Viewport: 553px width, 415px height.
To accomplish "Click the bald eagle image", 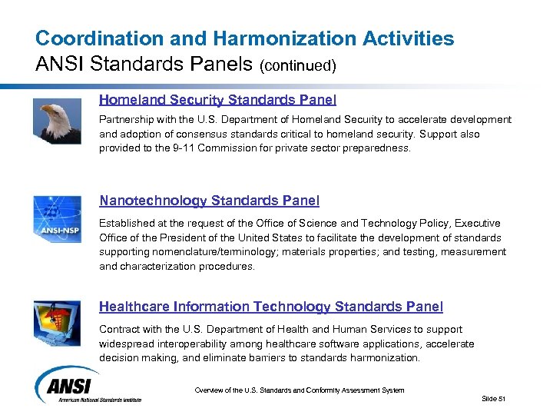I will (x=58, y=121).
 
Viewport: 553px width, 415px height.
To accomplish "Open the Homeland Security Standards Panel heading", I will (x=217, y=100).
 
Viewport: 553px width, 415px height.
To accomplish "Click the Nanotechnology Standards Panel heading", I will (x=209, y=201).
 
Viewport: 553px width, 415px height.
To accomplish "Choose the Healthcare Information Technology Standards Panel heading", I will (x=270, y=307).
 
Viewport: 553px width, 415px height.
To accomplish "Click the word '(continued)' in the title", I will (x=299, y=65).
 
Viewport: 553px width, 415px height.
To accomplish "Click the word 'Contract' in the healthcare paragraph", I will (x=118, y=329).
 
